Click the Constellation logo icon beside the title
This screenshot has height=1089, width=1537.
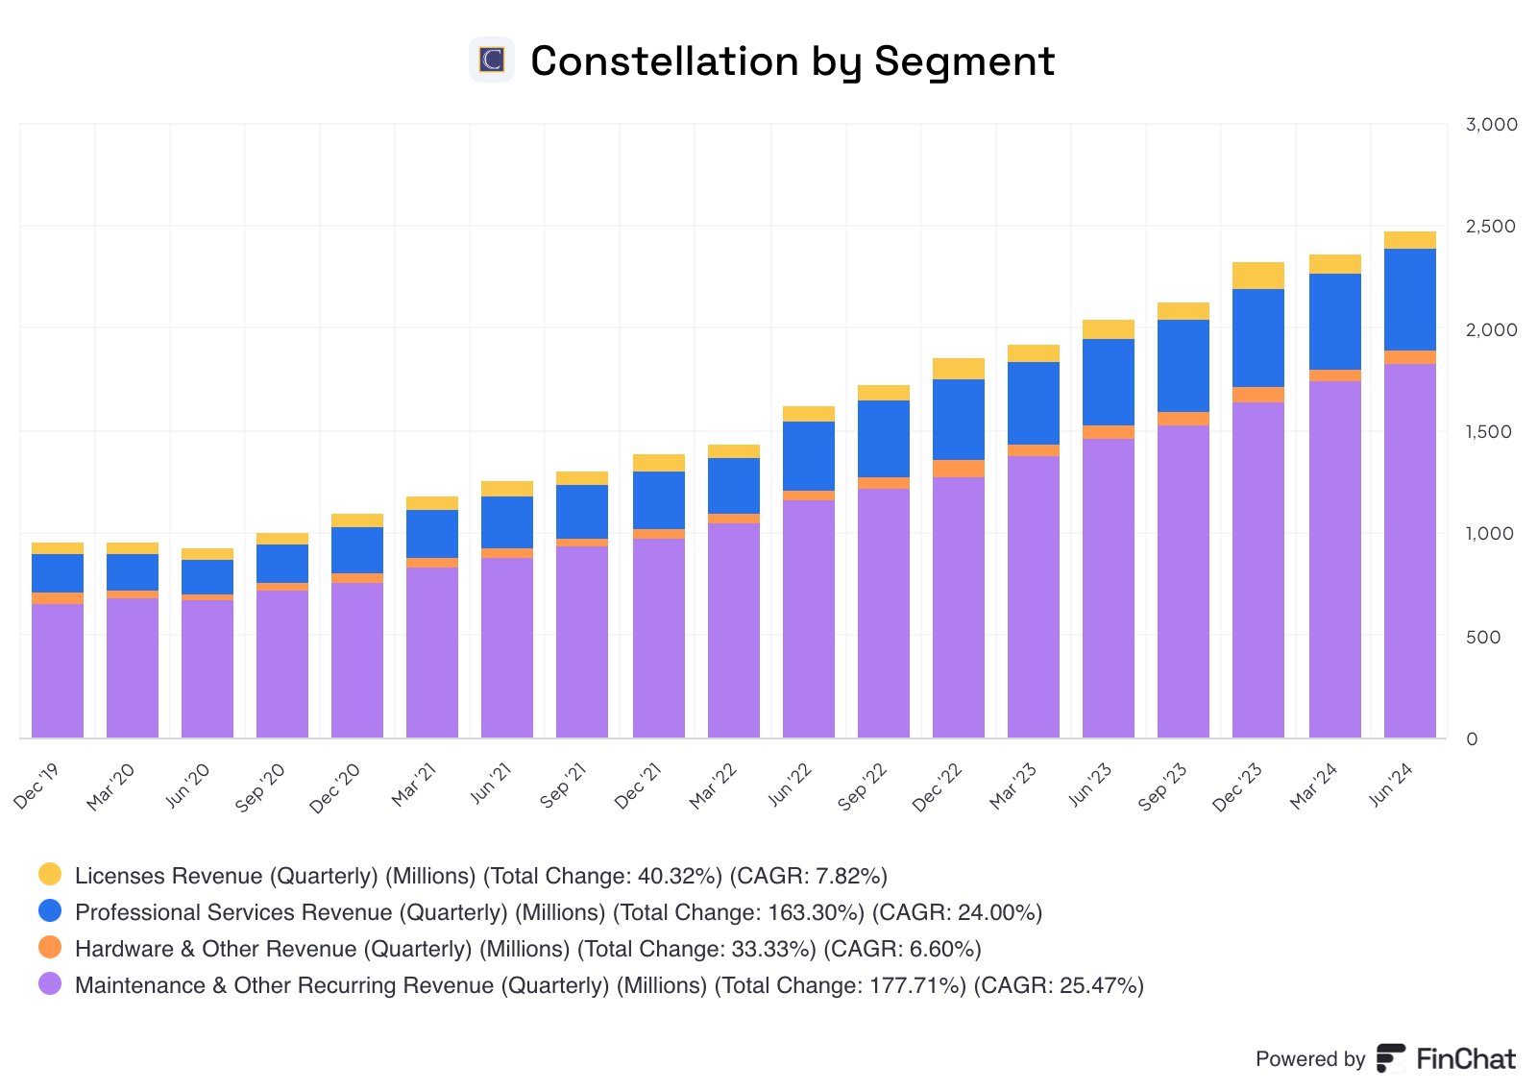pos(492,60)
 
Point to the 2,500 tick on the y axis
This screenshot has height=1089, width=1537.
pos(1490,227)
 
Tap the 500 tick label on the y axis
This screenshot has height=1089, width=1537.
pos(1482,637)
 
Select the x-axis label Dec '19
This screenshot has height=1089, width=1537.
pos(37,786)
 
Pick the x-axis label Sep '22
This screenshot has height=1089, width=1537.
pos(863,786)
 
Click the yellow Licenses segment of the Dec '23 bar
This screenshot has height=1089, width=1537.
pos(1257,276)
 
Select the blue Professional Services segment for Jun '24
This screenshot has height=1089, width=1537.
pos(1409,300)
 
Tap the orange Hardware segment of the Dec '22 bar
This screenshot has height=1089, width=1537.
pos(958,469)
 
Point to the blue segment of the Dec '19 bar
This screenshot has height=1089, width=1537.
pos(57,573)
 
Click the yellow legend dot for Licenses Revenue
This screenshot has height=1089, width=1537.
pos(50,874)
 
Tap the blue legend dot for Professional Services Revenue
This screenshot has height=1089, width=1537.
pos(50,910)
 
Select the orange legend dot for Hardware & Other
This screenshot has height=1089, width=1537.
pos(50,947)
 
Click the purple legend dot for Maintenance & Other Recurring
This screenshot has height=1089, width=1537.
pos(50,983)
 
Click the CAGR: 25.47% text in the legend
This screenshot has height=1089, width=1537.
pos(1059,985)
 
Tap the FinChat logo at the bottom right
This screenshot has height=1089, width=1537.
pos(1446,1058)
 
